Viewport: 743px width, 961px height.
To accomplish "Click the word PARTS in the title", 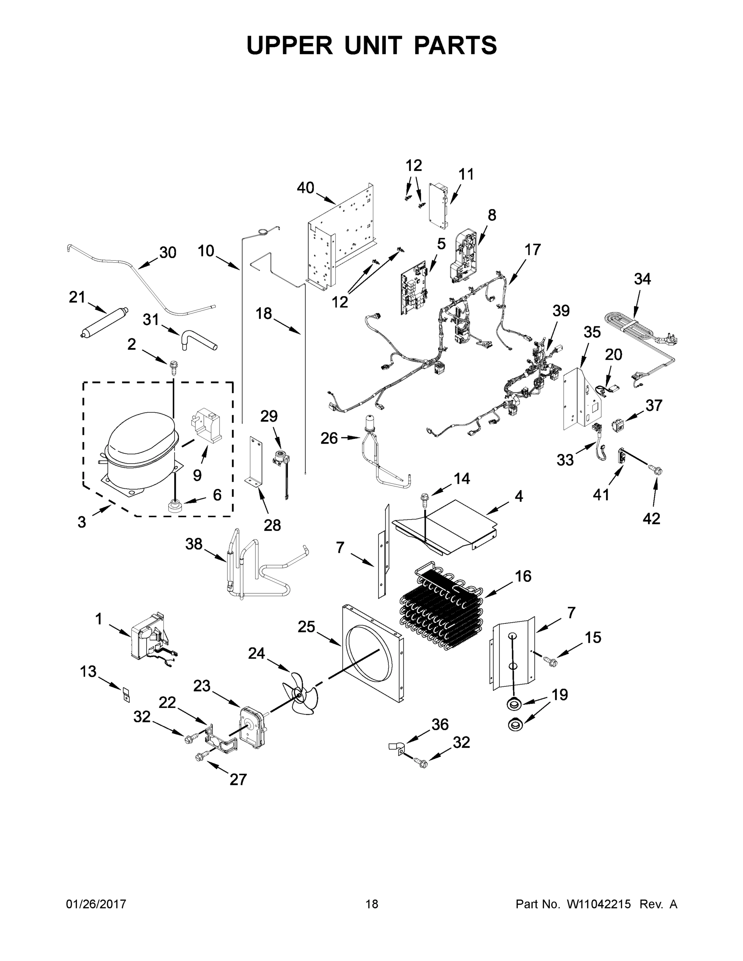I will [455, 45].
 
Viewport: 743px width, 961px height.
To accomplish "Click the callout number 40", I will [305, 188].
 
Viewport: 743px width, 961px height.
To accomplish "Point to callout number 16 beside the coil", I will [523, 575].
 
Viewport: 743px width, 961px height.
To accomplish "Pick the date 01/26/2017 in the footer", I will [96, 904].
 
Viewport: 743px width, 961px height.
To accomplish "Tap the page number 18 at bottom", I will [372, 904].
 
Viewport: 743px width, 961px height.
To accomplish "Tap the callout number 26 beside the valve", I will [329, 438].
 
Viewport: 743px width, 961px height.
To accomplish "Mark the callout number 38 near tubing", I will [194, 544].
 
